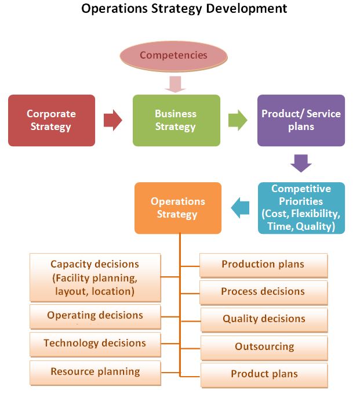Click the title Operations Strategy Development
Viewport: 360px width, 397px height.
pyautogui.click(x=184, y=9)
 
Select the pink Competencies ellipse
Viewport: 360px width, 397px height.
pyautogui.click(x=173, y=56)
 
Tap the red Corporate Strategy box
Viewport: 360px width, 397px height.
pyautogui.click(x=52, y=120)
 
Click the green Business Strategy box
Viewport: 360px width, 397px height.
pyautogui.click(x=176, y=120)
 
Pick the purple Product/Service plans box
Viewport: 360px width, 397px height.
pyautogui.click(x=301, y=120)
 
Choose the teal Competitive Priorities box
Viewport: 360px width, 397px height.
pyautogui.click(x=301, y=208)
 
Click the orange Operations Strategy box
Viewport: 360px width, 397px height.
pyautogui.click(x=178, y=208)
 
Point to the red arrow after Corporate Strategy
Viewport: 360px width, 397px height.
pyautogui.click(x=113, y=120)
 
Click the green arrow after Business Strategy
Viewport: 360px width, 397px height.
pyautogui.click(x=238, y=120)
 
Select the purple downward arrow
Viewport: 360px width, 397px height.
pyautogui.click(x=301, y=163)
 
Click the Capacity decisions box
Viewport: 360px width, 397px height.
pyautogui.click(x=95, y=277)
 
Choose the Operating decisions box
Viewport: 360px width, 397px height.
pyautogui.click(x=95, y=316)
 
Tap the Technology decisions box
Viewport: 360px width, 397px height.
pyautogui.click(x=95, y=343)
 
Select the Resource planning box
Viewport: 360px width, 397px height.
pyautogui.click(x=95, y=371)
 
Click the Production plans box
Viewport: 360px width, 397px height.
pyautogui.click(x=263, y=265)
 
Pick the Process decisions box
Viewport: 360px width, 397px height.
pyautogui.click(x=263, y=292)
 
